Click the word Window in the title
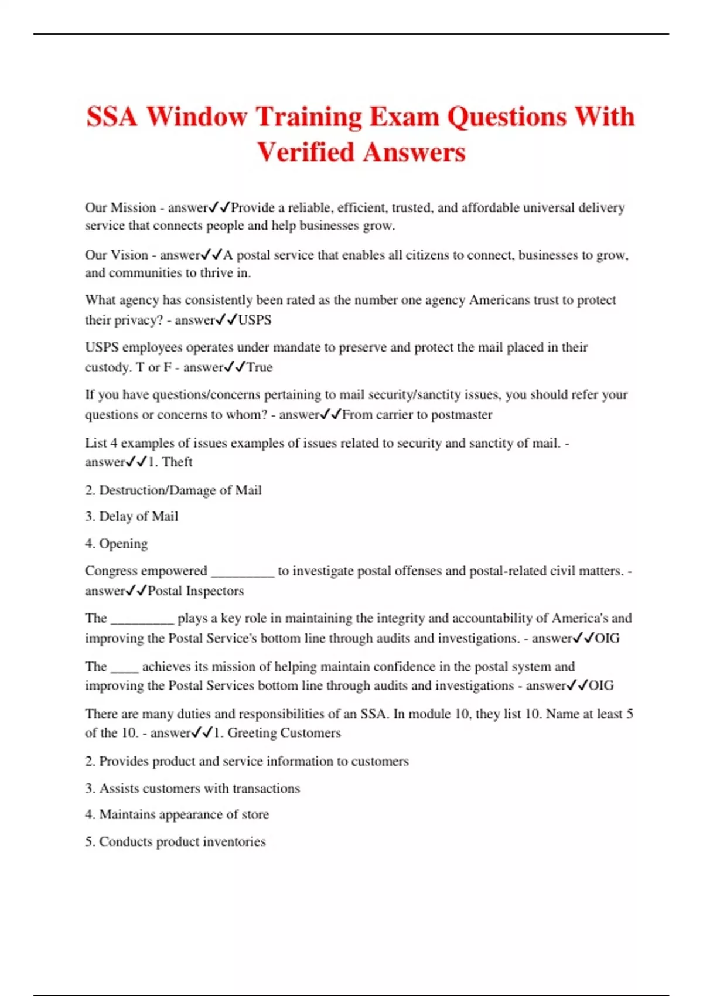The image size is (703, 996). (x=197, y=117)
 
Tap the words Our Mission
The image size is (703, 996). (x=120, y=207)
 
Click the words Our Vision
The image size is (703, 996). (x=116, y=255)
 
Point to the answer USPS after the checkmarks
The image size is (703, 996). (x=255, y=320)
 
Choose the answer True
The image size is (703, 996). (x=260, y=367)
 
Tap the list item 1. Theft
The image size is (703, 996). (x=170, y=462)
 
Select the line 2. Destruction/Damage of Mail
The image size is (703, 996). (x=173, y=490)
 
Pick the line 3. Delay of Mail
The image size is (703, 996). (x=131, y=516)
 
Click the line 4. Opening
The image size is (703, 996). (x=116, y=544)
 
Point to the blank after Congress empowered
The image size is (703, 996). (x=243, y=572)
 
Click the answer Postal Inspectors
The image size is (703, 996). (x=196, y=591)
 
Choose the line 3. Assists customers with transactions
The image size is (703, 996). (x=192, y=788)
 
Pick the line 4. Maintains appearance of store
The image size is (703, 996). (x=177, y=814)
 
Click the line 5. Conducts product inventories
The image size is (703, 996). (x=175, y=841)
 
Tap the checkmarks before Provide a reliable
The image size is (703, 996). (x=220, y=207)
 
